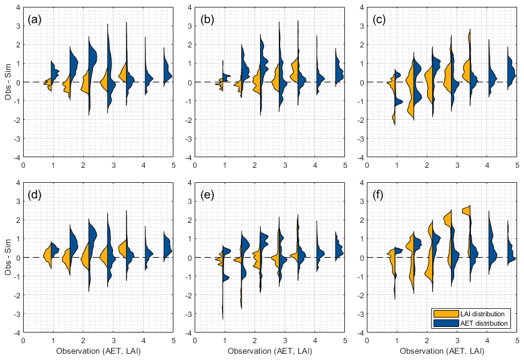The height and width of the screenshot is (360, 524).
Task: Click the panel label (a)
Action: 35,19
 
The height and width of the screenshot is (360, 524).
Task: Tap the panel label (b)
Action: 207,19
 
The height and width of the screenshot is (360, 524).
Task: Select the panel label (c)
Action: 379,19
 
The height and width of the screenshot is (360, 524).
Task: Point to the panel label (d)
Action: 35,195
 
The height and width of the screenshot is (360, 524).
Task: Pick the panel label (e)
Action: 207,195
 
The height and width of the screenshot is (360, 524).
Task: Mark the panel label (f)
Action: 379,195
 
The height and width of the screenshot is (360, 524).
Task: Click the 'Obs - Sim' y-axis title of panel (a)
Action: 8,82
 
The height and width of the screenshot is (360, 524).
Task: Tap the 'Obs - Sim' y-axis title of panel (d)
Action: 8,257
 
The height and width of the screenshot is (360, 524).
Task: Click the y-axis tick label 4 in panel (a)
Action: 17,7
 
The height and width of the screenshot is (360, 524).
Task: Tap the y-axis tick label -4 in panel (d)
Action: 16,333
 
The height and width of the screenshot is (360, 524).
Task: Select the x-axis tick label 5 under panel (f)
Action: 517,341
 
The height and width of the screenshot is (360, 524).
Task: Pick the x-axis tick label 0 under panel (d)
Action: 23,341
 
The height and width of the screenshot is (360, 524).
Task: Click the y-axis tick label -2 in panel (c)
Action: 361,120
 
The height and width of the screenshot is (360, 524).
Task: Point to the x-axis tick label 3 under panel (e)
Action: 285,341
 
